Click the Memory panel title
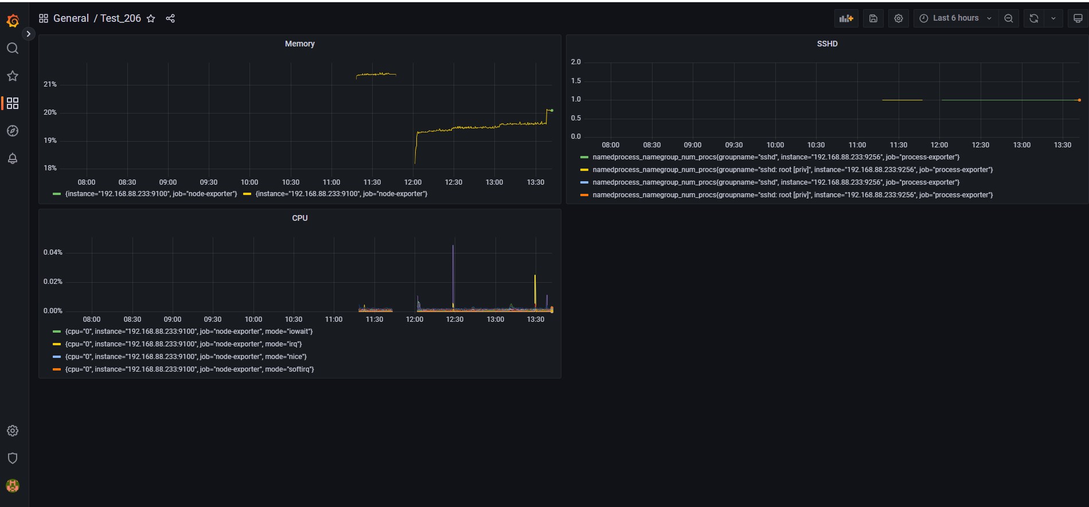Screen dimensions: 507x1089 (299, 44)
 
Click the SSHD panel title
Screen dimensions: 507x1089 (827, 44)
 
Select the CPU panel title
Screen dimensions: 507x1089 (299, 218)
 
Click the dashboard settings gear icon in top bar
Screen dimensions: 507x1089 (899, 18)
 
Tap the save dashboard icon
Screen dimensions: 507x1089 (873, 18)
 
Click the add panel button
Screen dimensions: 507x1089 (846, 18)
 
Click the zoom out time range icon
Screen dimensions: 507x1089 (1008, 18)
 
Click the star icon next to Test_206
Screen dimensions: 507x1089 (151, 18)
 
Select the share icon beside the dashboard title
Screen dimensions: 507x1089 (170, 18)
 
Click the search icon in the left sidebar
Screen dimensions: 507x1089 (13, 48)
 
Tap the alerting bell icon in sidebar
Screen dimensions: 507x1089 (13, 158)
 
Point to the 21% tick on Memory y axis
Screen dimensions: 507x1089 (50, 84)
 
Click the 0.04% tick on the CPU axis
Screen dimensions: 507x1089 (53, 252)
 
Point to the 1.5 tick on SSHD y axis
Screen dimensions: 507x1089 (576, 81)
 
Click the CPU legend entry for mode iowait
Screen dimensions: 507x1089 (189, 331)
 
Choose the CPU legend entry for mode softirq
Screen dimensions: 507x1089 (189, 369)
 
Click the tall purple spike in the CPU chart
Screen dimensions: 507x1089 (453, 270)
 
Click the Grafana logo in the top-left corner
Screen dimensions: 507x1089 (13, 21)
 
